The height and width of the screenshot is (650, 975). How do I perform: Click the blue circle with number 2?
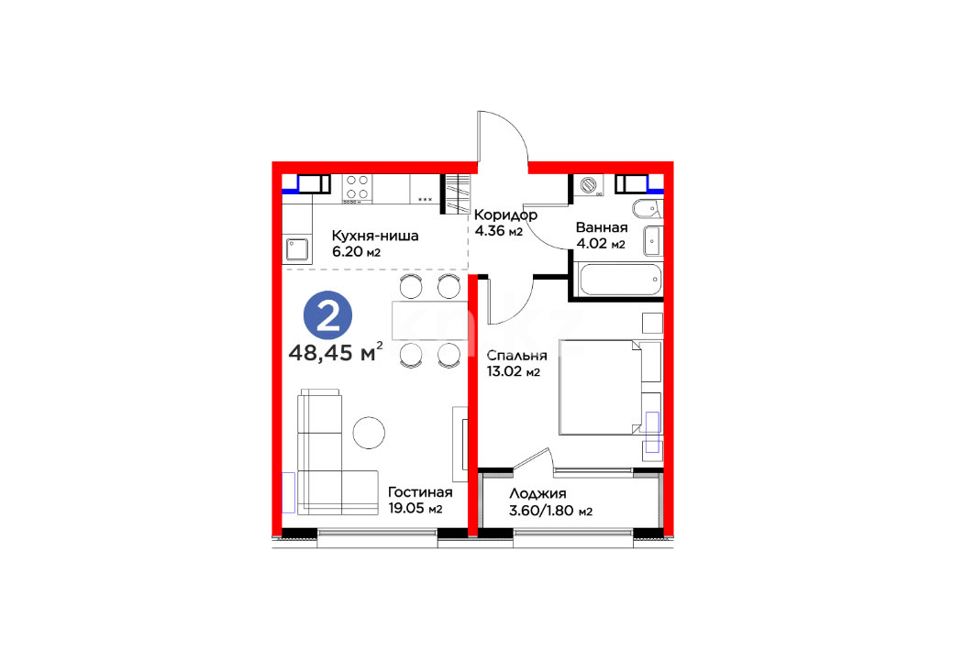(327, 315)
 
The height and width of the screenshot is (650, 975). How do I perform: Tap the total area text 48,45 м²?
(336, 352)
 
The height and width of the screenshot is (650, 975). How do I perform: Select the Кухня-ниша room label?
(375, 237)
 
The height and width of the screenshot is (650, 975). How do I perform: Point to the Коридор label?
(505, 215)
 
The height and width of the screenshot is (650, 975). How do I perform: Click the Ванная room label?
(602, 227)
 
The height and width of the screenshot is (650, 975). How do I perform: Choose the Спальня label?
(516, 356)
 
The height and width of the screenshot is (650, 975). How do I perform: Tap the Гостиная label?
(420, 492)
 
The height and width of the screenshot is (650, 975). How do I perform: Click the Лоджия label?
(537, 494)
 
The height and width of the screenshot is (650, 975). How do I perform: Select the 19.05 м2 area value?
(415, 508)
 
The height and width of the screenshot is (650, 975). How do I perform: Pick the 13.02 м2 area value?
(513, 372)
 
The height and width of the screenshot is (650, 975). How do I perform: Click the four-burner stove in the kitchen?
(357, 188)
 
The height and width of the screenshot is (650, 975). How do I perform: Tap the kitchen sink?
(297, 249)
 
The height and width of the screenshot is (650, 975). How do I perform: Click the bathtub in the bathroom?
(619, 280)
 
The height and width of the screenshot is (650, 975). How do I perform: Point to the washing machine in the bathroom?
(588, 185)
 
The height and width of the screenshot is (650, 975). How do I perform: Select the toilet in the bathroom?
(648, 208)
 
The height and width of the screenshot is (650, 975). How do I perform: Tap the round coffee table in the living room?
(369, 432)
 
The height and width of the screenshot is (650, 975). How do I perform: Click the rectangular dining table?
(429, 321)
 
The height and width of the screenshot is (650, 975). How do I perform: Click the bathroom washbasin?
(653, 240)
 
